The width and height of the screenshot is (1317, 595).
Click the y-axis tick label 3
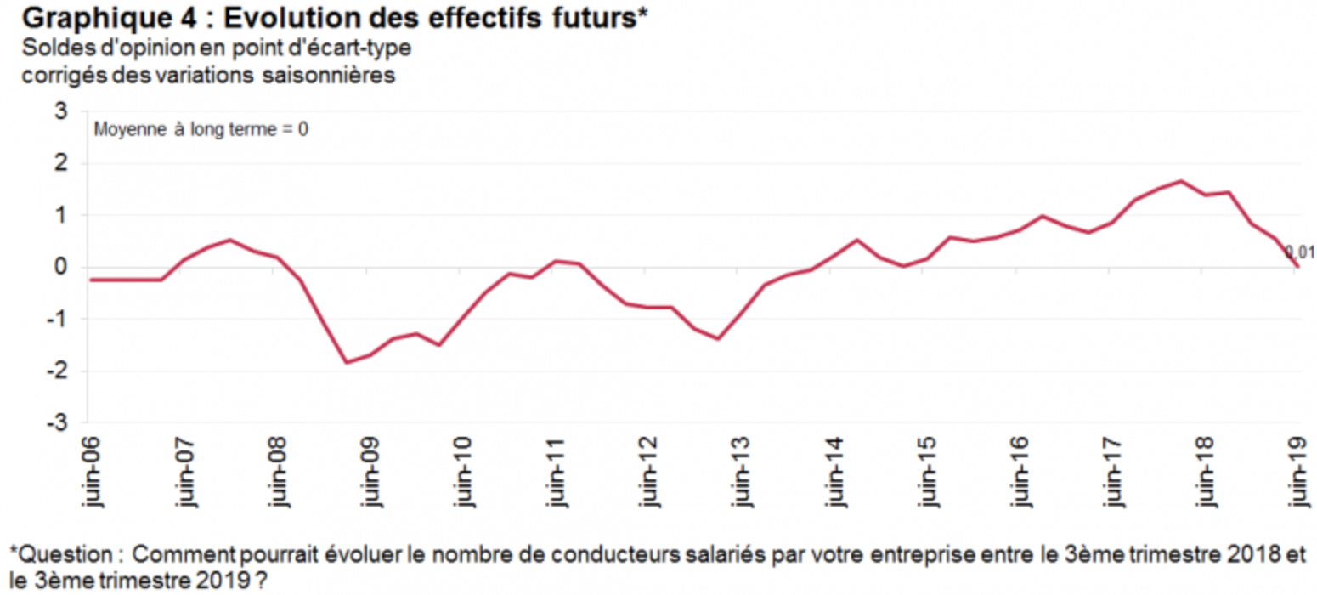click(x=60, y=111)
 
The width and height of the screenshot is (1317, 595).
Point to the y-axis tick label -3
click(x=57, y=422)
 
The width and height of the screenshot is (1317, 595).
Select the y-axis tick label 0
click(x=60, y=267)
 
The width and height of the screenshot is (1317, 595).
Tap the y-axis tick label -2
click(x=57, y=371)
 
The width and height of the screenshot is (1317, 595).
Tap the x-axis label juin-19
click(x=1299, y=472)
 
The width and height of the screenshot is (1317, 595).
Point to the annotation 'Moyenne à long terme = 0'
click(x=200, y=131)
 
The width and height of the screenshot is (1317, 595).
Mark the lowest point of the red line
click(x=347, y=363)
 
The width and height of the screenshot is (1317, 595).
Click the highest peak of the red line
click(x=1181, y=181)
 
